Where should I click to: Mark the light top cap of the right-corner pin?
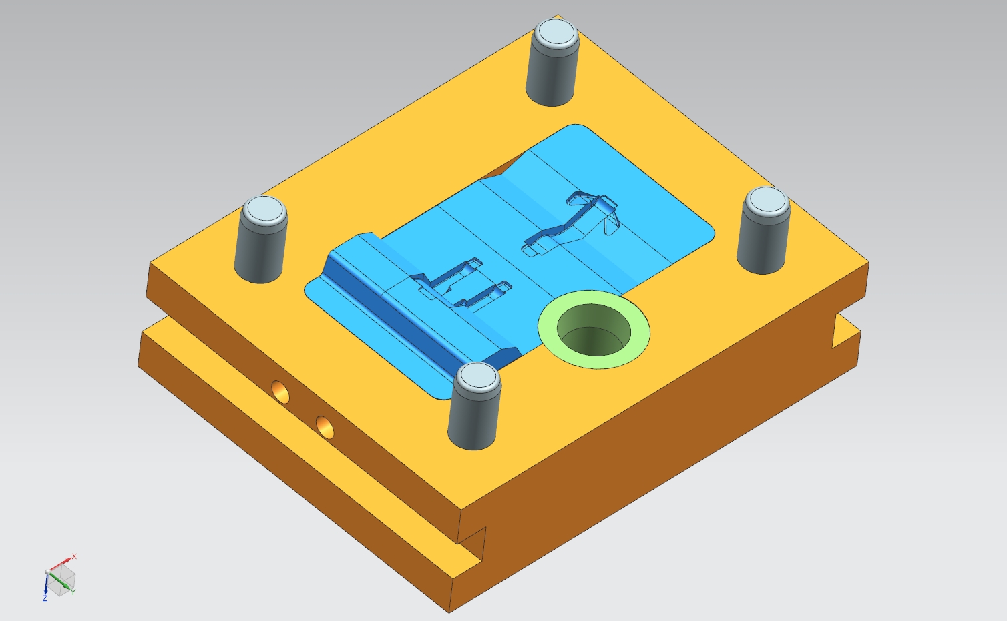pos(766,200)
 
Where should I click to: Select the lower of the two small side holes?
pos(325,427)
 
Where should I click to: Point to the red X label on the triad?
pos(74,556)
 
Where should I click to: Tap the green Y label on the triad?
pos(73,592)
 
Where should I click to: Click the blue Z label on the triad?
pos(45,598)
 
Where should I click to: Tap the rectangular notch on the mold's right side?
pos(845,330)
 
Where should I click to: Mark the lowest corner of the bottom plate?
pos(449,610)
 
